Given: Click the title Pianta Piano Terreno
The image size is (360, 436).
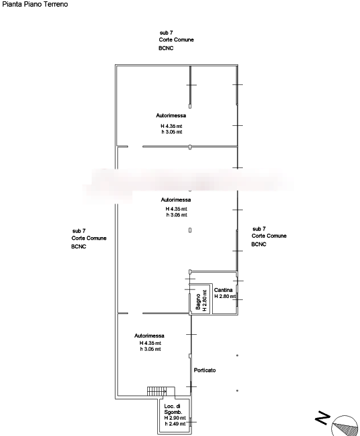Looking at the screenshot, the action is [x=35, y=4].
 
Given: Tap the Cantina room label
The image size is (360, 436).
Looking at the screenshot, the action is [x=223, y=290].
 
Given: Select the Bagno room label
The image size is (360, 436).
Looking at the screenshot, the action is [x=198, y=301].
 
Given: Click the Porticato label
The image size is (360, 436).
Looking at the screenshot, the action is [x=205, y=370].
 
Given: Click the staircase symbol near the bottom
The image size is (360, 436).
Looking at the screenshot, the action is [x=157, y=391].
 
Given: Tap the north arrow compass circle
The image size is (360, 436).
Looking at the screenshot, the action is [x=345, y=426].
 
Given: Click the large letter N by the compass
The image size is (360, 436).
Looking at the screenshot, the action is [x=323, y=418].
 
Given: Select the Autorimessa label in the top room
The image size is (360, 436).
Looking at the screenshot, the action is [x=171, y=115].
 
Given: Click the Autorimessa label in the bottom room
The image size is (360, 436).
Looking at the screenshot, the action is [x=149, y=336].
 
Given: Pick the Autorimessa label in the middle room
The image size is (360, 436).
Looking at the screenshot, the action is [x=176, y=200].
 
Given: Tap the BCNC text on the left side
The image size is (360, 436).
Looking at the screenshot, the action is [x=78, y=246].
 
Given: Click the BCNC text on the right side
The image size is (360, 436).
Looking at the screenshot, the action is [x=258, y=244].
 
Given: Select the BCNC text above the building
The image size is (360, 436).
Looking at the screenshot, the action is [x=166, y=48].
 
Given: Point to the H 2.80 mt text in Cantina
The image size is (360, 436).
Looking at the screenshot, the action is [x=225, y=297].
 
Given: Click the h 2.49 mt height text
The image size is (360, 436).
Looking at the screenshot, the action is [x=175, y=424].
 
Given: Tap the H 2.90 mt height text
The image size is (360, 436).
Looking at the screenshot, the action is [x=175, y=418].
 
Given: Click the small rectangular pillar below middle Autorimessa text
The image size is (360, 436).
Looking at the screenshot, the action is [x=190, y=230].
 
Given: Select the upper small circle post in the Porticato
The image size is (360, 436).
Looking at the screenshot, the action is [x=238, y=356].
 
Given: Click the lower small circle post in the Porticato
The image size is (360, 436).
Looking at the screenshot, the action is [x=238, y=390].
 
